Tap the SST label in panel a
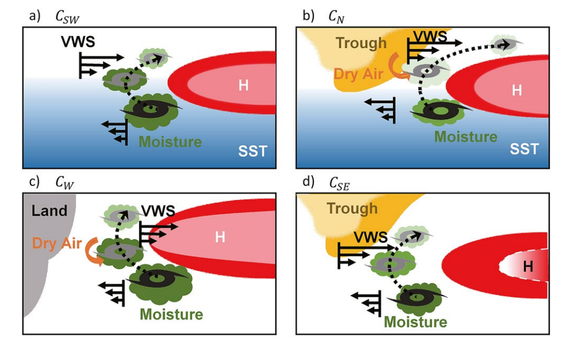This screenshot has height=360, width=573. (253, 150)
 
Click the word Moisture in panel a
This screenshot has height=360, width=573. (170, 142)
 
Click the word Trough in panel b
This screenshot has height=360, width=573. (362, 43)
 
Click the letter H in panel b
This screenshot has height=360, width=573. (517, 89)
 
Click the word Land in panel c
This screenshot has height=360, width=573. (49, 210)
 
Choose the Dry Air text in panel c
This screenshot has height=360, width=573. (57, 242)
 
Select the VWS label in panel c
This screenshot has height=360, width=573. (158, 210)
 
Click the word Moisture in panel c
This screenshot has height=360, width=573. (171, 314)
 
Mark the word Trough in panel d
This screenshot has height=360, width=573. (352, 208)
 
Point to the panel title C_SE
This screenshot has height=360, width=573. (338, 184)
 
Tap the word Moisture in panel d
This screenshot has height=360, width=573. (415, 322)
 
